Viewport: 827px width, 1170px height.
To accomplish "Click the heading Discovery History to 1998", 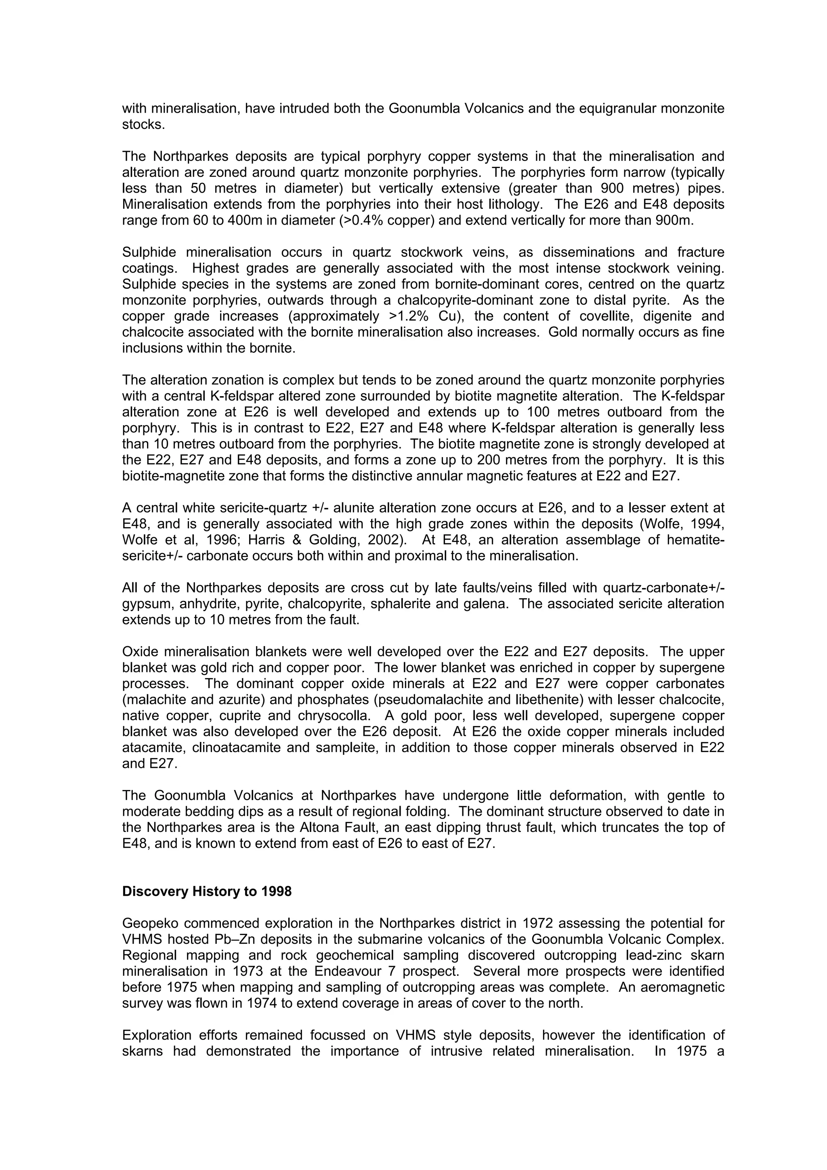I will point(206,891).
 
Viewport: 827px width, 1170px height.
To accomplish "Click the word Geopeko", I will point(146,923).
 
